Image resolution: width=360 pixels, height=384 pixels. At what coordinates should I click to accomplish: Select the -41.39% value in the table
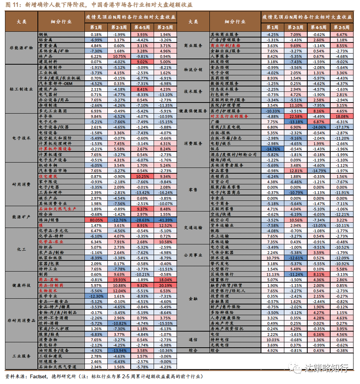[x=165, y=220]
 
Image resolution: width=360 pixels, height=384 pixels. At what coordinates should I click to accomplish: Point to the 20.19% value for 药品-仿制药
[x=165, y=285]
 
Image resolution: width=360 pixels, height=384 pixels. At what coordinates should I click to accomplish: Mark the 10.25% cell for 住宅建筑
[x=142, y=177]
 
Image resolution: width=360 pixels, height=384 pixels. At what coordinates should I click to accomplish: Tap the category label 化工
[x=21, y=249]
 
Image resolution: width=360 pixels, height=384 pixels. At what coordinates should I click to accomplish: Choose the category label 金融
[x=193, y=298]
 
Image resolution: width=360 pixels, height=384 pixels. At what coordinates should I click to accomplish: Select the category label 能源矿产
[x=21, y=217]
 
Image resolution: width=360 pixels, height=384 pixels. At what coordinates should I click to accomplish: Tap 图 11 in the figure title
[x=13, y=5]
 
